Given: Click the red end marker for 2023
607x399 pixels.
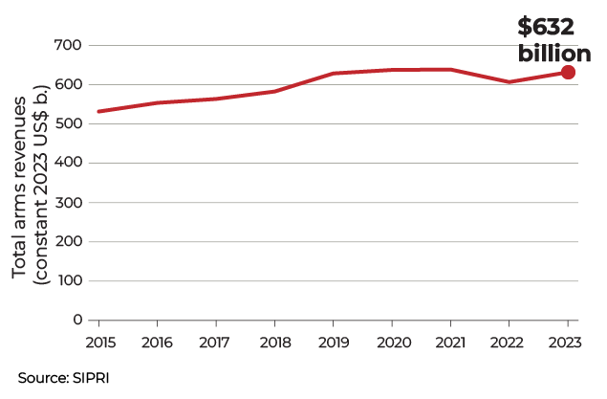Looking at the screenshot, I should click(x=568, y=73).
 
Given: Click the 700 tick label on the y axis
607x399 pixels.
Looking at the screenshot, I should click(x=71, y=46).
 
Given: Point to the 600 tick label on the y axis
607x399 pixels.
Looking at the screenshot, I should click(x=71, y=85).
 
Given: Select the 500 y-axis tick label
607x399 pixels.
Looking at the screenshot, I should click(x=71, y=124).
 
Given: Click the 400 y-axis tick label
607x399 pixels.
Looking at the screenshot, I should click(x=71, y=164).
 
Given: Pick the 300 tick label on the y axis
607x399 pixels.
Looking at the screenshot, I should click(x=71, y=203).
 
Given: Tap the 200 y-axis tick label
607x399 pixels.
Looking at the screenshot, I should click(x=71, y=242).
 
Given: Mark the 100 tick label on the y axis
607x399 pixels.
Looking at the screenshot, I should click(x=71, y=281).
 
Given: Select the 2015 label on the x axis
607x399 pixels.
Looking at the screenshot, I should click(x=98, y=342).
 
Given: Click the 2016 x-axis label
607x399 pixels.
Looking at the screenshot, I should click(x=157, y=342).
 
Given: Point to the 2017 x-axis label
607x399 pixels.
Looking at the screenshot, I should click(x=215, y=342).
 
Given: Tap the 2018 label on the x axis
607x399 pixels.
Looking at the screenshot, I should click(x=274, y=342).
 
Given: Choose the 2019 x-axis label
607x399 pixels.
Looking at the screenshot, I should click(x=333, y=342).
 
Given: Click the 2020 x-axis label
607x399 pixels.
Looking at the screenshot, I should click(x=392, y=342).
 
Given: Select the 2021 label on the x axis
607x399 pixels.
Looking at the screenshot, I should click(x=450, y=342).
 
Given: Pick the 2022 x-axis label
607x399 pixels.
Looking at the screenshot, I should click(x=509, y=342).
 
